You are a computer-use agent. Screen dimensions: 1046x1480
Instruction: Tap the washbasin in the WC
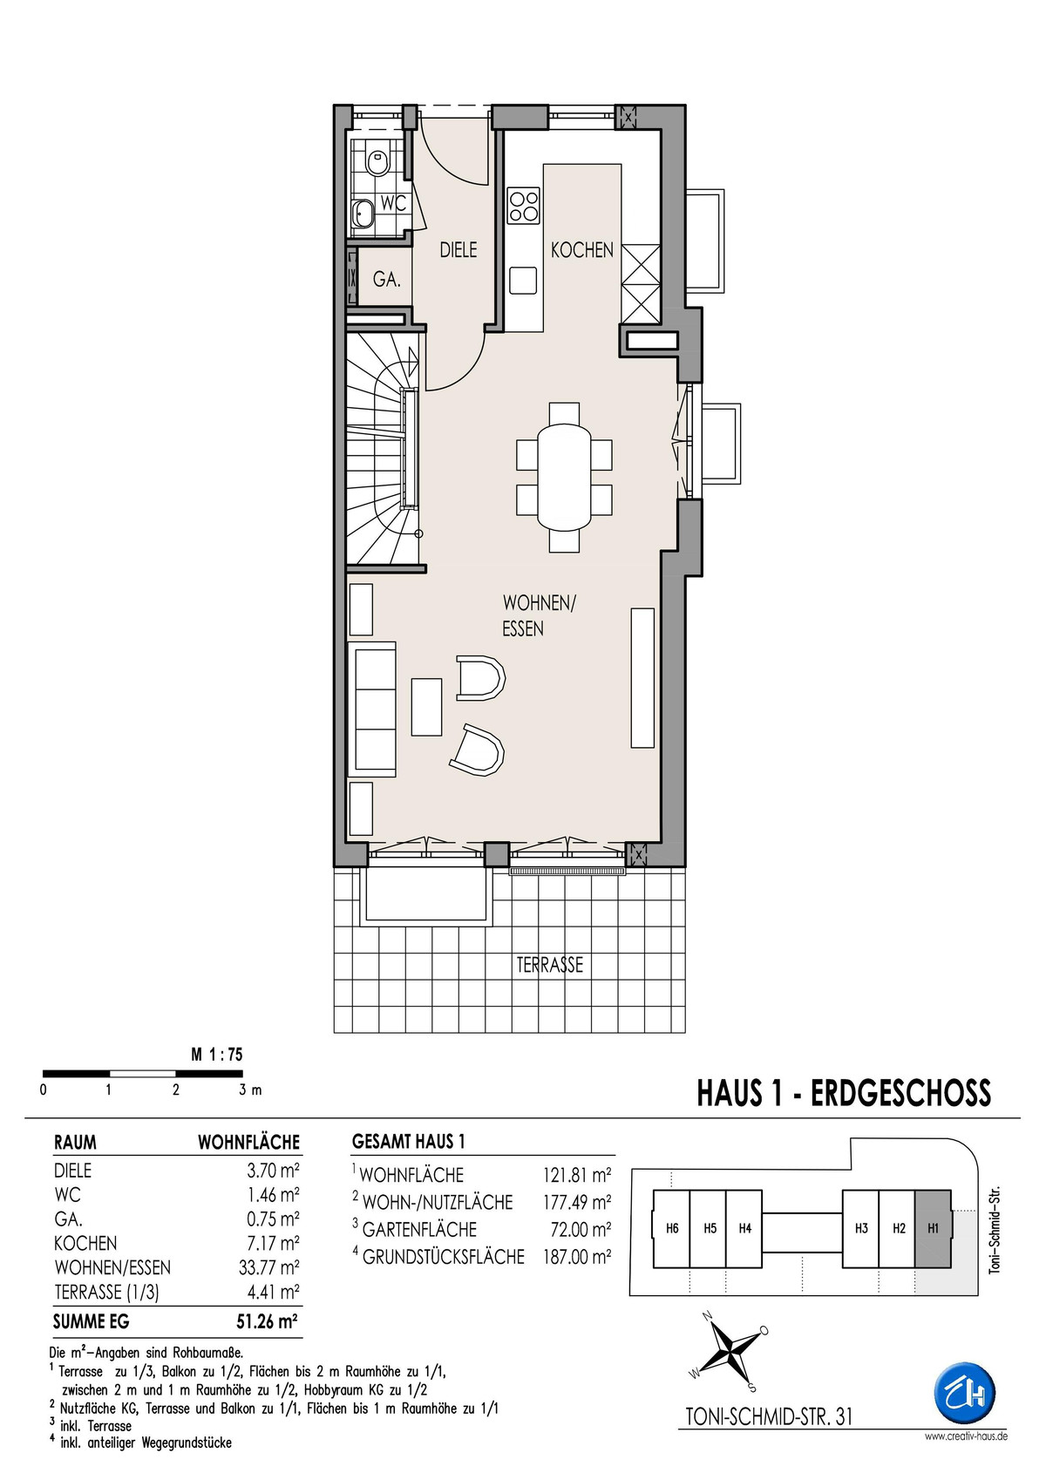click(362, 212)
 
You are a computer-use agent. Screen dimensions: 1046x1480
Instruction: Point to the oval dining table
click(565, 476)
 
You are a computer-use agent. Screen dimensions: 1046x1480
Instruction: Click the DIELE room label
click(458, 250)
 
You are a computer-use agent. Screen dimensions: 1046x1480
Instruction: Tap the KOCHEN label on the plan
click(582, 250)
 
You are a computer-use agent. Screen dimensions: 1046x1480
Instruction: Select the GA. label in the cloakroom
click(386, 280)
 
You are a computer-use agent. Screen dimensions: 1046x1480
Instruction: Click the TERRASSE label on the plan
click(550, 965)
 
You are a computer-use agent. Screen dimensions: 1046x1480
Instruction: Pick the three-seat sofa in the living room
click(376, 708)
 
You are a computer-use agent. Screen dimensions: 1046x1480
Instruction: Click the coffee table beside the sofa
click(427, 706)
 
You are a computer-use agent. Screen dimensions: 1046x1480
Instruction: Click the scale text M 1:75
click(217, 1056)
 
